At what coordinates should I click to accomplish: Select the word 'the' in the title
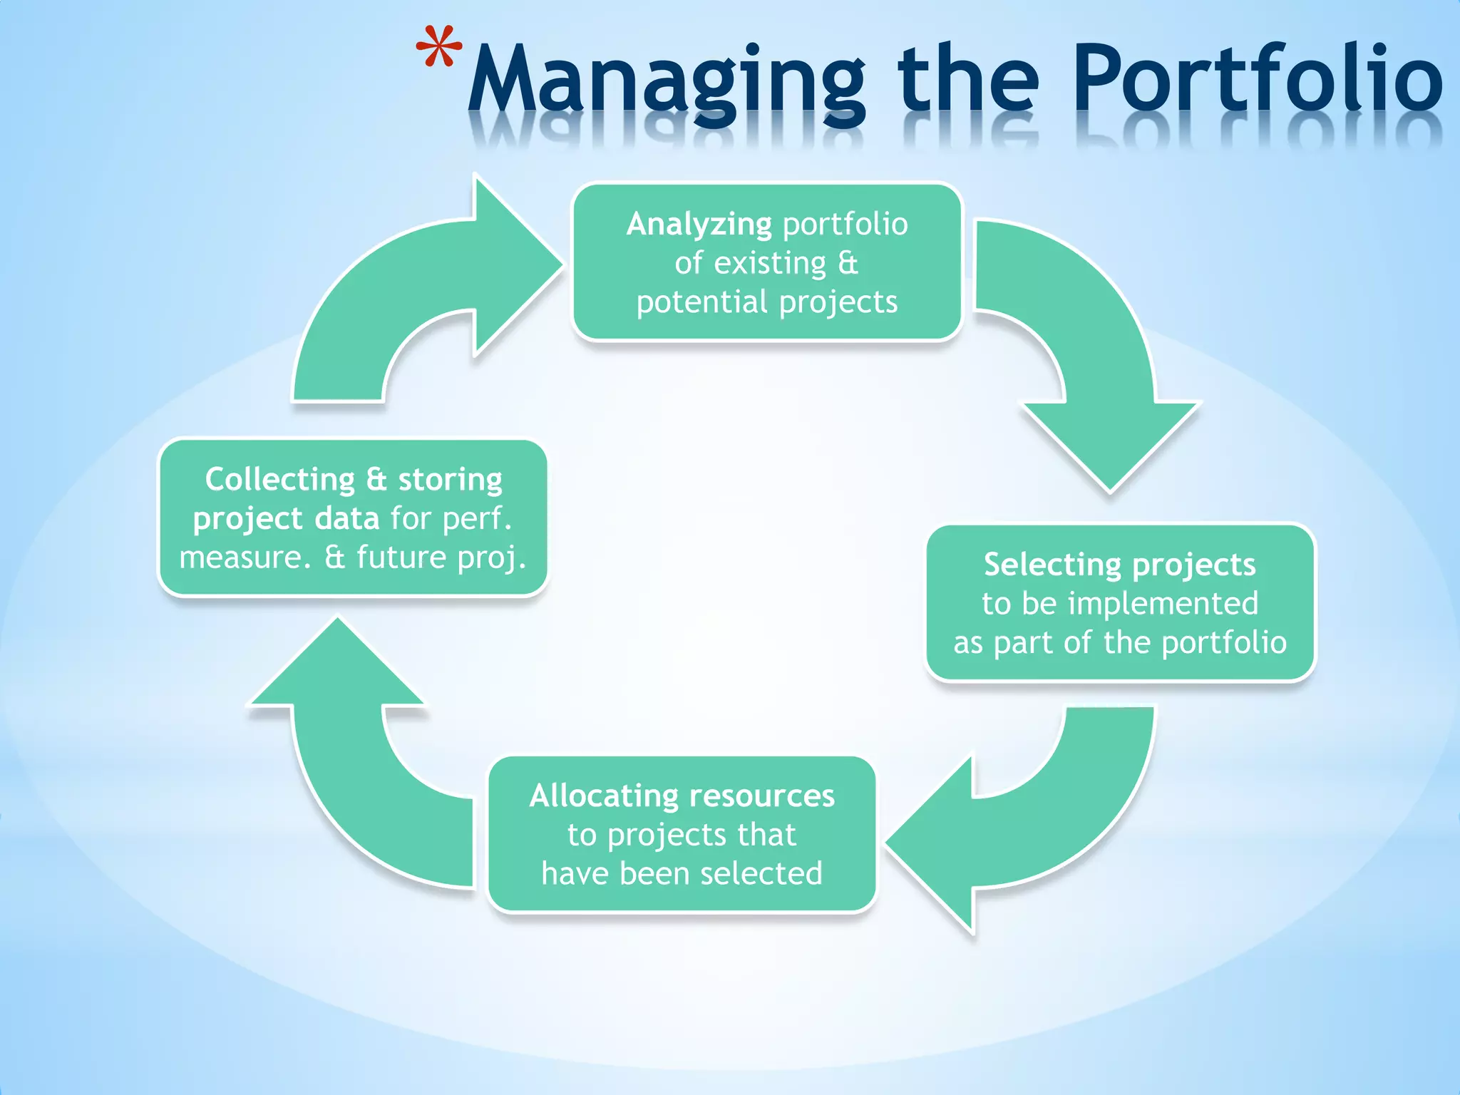tap(967, 78)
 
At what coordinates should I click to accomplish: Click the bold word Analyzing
tap(699, 225)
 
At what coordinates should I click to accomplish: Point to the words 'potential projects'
tap(767, 302)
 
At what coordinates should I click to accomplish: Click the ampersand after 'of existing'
tap(847, 264)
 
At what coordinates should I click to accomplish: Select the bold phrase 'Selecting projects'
tap(1119, 565)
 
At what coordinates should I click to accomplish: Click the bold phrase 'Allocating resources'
tap(682, 796)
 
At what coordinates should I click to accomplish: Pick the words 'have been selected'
tap(682, 874)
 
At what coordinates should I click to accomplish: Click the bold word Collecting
tap(279, 479)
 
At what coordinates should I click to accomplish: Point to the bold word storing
tap(450, 479)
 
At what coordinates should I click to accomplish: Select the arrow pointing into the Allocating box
tap(1027, 834)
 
